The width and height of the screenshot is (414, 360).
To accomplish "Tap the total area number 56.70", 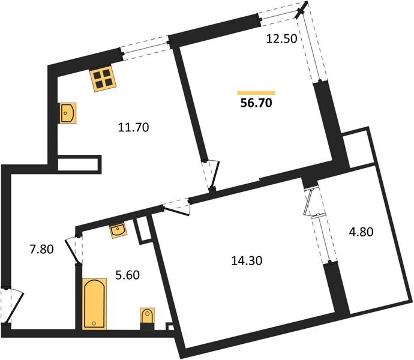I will tap(256, 103).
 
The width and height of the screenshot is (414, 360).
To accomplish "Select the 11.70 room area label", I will tap(134, 127).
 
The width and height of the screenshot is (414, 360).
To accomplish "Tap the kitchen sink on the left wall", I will tap(68, 113).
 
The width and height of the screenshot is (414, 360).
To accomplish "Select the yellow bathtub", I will tap(92, 304).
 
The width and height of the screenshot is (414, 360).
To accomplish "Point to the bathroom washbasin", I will tap(117, 230).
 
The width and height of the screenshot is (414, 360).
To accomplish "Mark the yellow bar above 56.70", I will tap(256, 92).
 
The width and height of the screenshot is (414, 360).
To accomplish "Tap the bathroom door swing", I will tap(74, 247).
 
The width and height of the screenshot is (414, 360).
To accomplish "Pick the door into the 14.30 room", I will tap(178, 207).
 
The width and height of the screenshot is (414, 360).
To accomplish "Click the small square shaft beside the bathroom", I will tap(143, 230).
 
